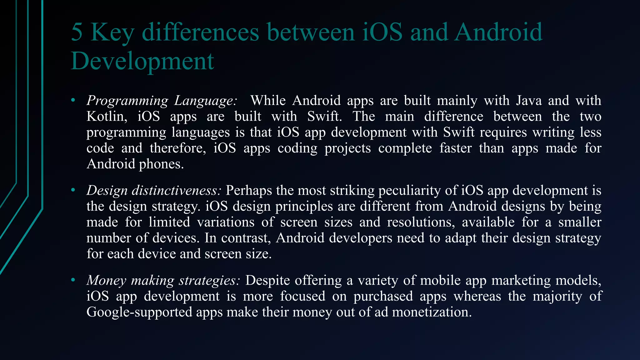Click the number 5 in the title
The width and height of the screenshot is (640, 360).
tap(77, 32)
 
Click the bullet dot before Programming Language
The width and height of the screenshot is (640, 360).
tap(73, 100)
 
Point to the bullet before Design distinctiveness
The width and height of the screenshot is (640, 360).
tap(73, 190)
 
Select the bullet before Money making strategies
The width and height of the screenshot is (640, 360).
tap(73, 280)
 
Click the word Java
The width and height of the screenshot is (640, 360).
tap(528, 101)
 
